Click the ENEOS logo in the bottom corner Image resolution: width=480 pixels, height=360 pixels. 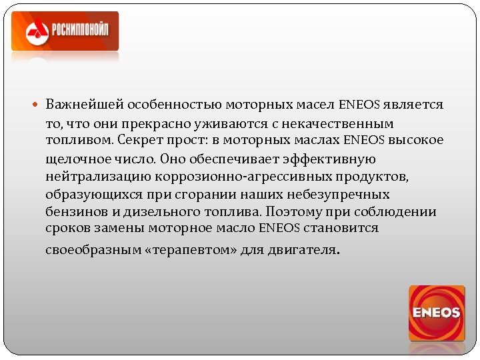tap(437, 313)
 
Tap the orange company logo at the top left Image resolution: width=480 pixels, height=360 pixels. tap(65, 31)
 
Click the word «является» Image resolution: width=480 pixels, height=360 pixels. tap(414, 105)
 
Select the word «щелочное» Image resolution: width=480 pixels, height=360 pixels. tap(75, 159)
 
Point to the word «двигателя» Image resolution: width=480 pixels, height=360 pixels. tap(303, 252)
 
